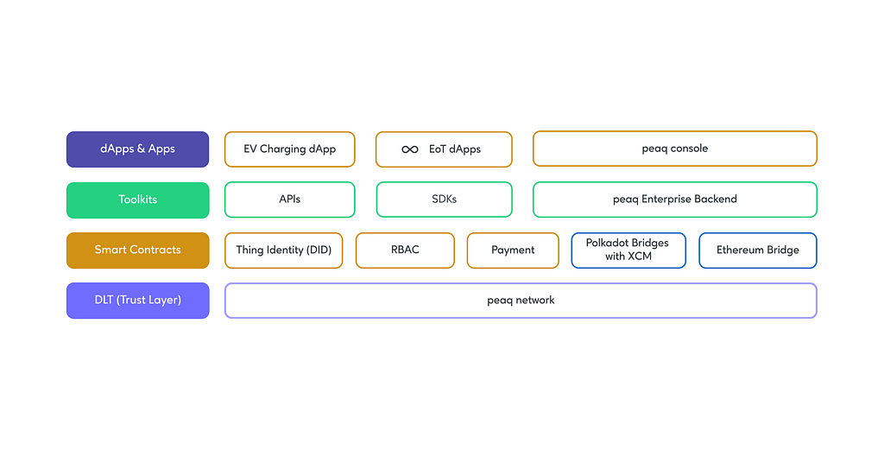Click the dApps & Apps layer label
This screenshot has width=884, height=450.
137,149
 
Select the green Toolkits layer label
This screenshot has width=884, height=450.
137,200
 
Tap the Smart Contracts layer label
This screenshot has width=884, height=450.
137,250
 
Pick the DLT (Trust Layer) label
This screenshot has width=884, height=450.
137,300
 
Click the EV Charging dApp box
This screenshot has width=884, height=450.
290,149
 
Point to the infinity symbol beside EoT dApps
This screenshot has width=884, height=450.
410,149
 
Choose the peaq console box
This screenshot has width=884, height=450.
675,149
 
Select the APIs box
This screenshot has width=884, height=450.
290,200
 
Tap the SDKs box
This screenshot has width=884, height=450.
445,199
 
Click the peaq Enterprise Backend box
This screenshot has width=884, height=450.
675,199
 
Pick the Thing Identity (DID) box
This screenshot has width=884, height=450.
283,250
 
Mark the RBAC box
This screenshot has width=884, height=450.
405,250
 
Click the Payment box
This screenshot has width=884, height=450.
513,250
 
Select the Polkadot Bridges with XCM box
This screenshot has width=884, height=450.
628,250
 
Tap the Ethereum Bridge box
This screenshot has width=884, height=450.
758,250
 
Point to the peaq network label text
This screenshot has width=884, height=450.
521,301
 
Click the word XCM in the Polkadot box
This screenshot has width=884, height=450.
640,256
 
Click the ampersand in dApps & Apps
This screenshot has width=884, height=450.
141,149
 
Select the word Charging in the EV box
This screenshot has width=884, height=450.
282,149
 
